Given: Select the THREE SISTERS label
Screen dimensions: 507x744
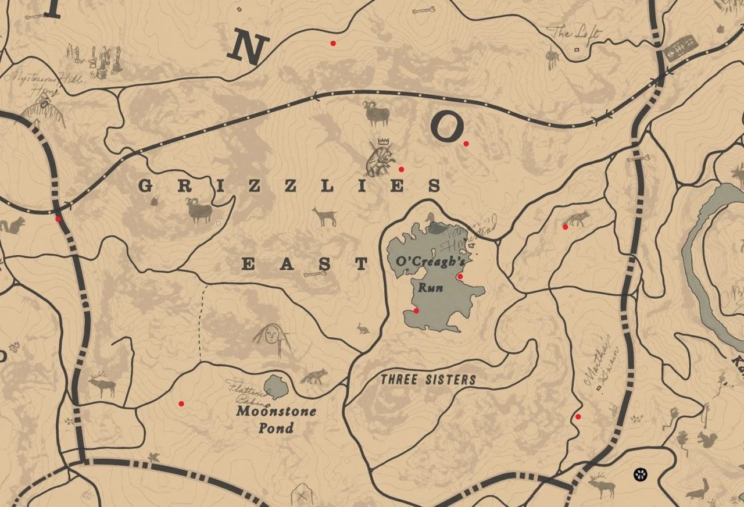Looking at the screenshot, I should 428,380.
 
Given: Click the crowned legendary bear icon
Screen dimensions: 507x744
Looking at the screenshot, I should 379,160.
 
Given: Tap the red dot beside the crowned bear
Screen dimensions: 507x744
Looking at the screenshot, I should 401,169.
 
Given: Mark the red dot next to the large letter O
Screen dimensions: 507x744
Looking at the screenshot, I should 466,144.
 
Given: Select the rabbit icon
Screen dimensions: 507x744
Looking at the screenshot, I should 363,329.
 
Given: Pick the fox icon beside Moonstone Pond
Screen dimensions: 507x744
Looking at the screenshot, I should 314,376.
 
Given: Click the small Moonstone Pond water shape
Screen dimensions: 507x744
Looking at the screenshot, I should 275,387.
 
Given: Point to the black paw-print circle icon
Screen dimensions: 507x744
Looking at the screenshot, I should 641,474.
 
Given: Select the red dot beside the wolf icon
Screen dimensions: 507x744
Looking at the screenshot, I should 565,227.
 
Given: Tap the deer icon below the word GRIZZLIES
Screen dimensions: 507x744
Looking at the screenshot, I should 324,217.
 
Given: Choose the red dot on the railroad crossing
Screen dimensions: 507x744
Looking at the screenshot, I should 58,219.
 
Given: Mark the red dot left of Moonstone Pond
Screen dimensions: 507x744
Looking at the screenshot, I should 181,404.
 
